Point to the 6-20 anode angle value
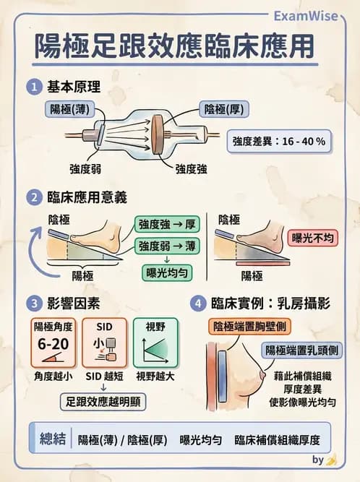pyautogui.click(x=53, y=343)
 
